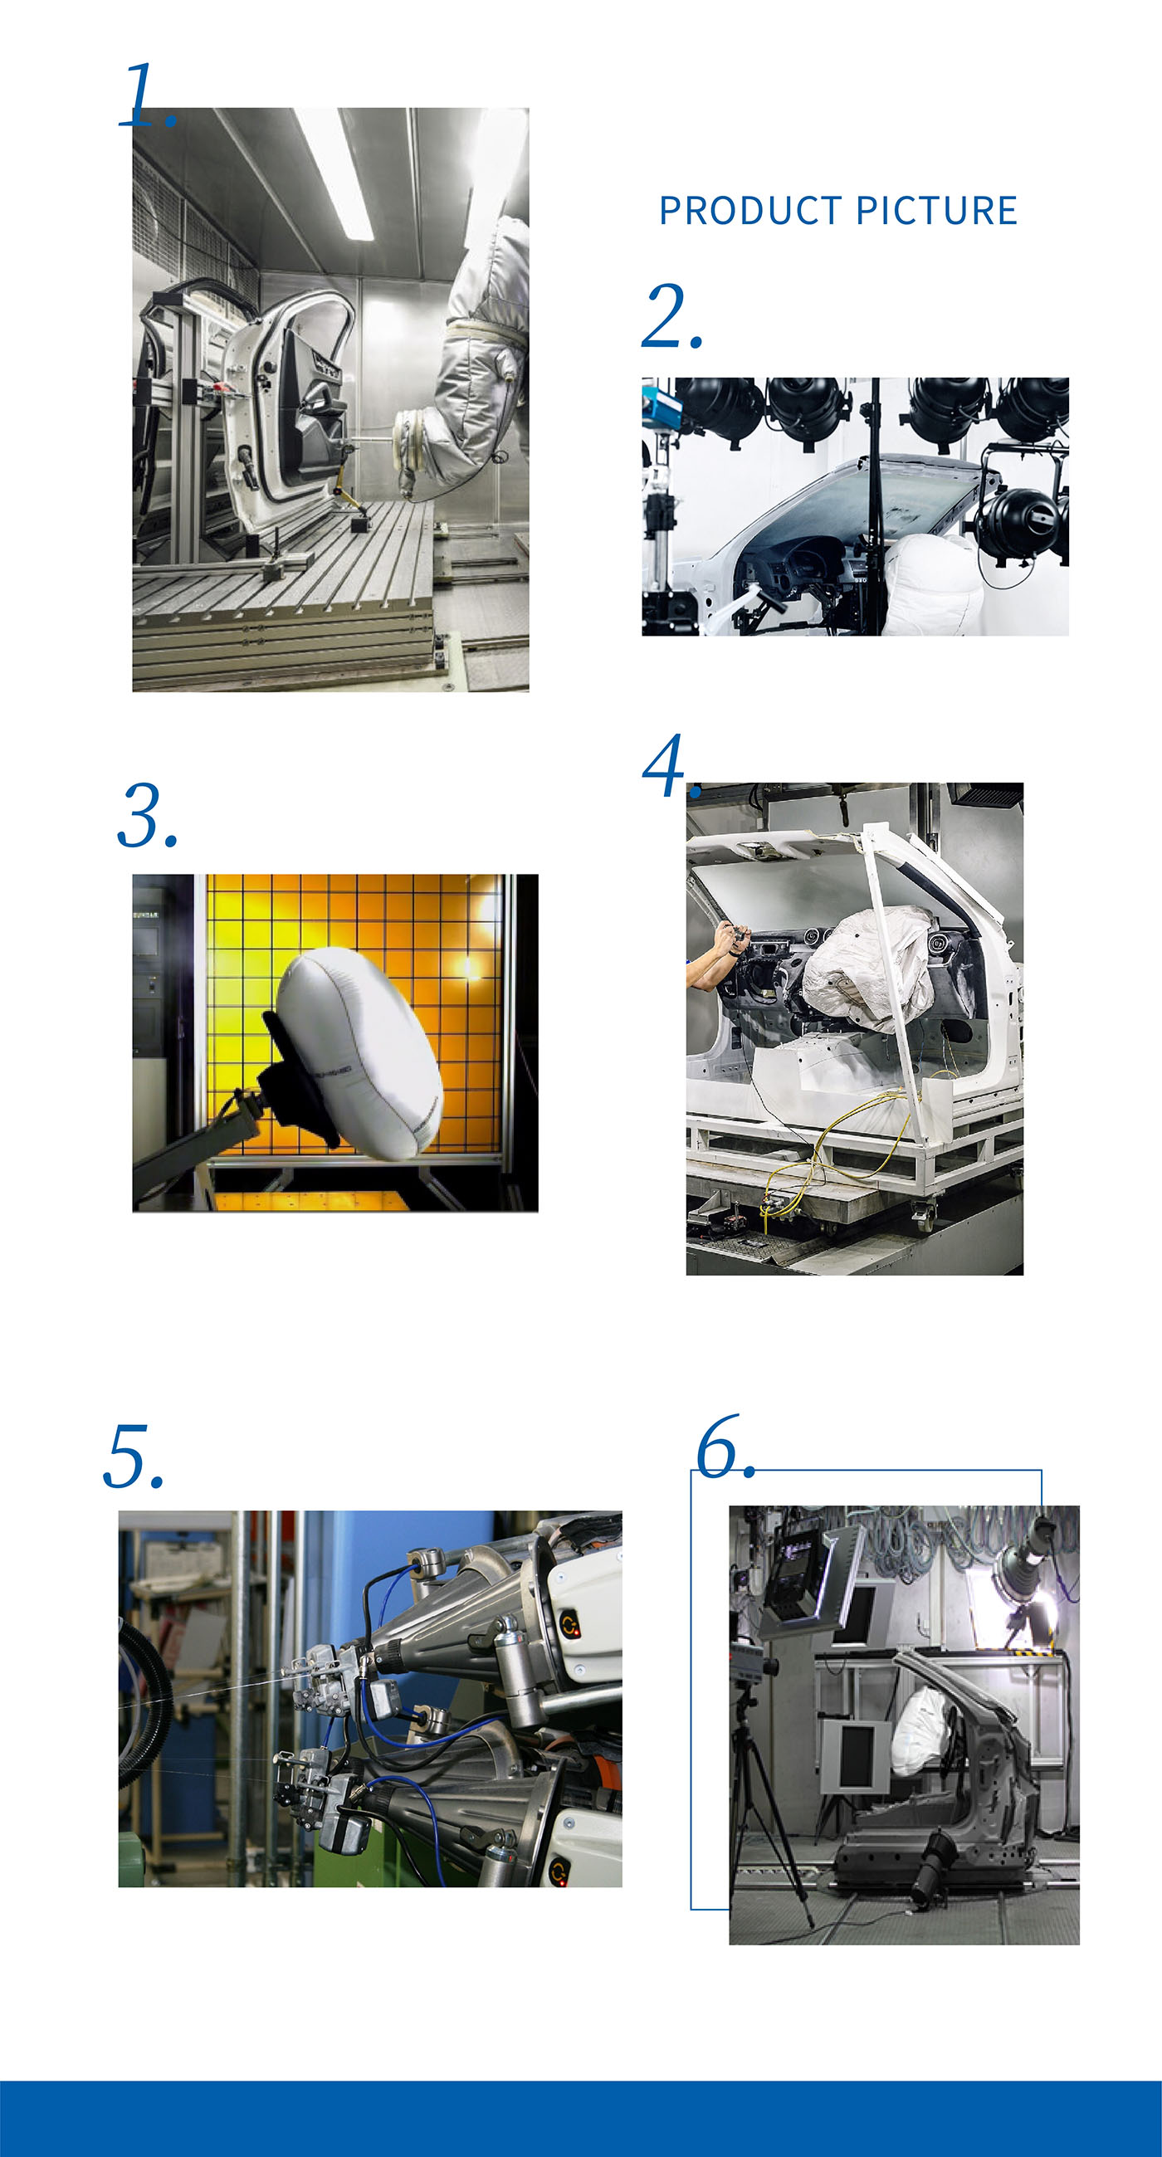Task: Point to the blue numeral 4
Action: coord(666,765)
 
